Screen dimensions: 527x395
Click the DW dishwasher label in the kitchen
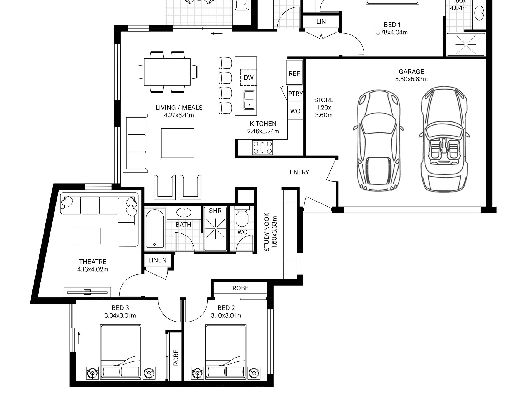pos(249,78)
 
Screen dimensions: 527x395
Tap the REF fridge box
pos(294,73)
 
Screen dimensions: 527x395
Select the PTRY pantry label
pos(295,94)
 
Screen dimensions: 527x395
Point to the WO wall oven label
pos(295,111)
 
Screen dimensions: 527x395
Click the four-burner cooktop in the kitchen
pos(262,147)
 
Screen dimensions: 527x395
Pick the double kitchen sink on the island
pos(249,100)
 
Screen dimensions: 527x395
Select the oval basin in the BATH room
pos(184,213)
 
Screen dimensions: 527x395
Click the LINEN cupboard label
pos(157,260)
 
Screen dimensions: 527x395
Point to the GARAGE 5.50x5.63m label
pos(411,75)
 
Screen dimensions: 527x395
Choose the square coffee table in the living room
pos(178,143)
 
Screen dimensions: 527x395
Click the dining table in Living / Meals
pos(167,72)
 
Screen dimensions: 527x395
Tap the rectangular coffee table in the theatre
pos(87,236)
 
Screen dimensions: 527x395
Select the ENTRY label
pos(299,172)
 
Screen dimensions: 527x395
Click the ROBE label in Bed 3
pos(176,358)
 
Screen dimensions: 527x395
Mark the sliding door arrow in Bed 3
pos(79,338)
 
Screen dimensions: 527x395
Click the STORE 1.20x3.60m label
pos(324,108)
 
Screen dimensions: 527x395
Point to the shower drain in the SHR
pos(216,229)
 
